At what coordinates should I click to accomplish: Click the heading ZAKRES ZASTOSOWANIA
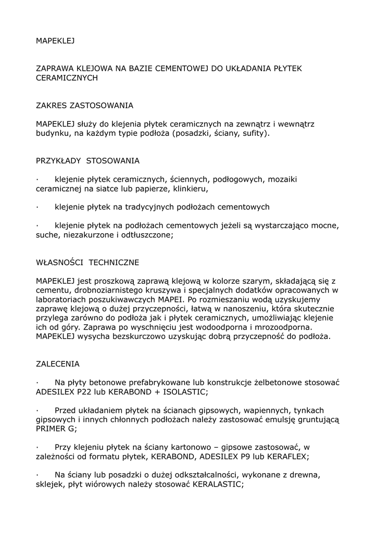tap(84, 106)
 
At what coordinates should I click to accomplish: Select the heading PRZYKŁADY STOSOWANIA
tap(87, 160)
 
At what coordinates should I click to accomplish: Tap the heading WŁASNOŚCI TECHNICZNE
tap(87, 262)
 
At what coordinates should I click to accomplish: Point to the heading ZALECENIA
tap(58, 364)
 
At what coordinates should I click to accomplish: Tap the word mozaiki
tap(282, 179)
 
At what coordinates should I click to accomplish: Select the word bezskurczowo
tap(134, 337)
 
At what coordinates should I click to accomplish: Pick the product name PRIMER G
tap(56, 429)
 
